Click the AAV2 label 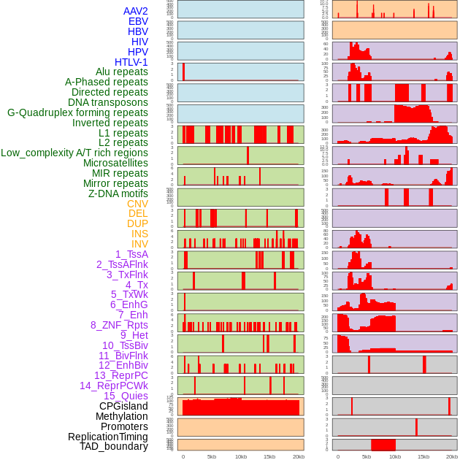[135, 11]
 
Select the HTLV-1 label [131, 62]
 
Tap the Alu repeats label [121, 72]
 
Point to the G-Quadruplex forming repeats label [77, 112]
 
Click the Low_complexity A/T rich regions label [74, 153]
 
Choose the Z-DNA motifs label [118, 193]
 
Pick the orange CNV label [137, 204]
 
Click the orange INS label [139, 234]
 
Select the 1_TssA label [131, 254]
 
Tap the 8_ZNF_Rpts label [119, 325]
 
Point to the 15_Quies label [125, 396]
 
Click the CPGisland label [123, 406]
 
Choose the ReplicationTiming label [107, 437]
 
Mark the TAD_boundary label [113, 446]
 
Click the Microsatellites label [115, 163]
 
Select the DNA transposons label [107, 102]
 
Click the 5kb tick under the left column [212, 456]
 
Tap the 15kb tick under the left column [269, 456]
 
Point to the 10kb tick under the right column [395, 456]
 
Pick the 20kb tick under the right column [452, 456]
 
